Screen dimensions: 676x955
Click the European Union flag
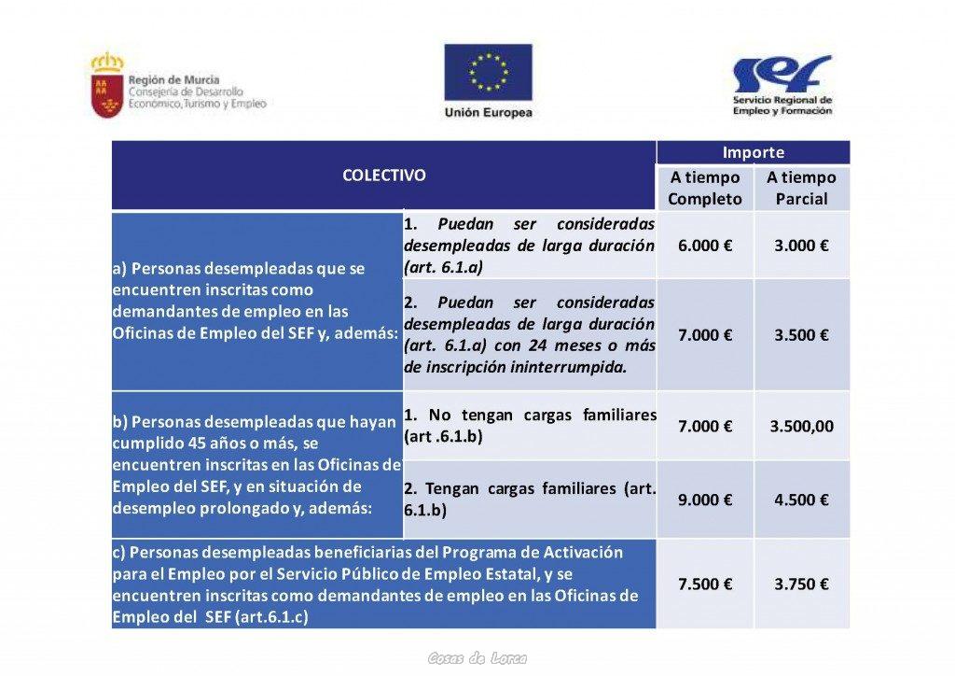pyautogui.click(x=488, y=72)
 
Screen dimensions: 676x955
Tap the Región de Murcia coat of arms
pyautogui.click(x=106, y=85)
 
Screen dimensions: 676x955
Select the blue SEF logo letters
pyautogui.click(x=781, y=73)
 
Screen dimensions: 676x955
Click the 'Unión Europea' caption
pyautogui.click(x=488, y=113)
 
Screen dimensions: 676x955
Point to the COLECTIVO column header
pyautogui.click(x=383, y=176)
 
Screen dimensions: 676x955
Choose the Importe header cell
pyautogui.click(x=753, y=152)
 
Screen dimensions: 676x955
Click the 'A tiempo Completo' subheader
pyautogui.click(x=704, y=188)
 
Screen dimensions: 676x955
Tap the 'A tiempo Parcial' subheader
pyautogui.click(x=801, y=188)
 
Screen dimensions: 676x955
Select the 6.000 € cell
pyautogui.click(x=704, y=246)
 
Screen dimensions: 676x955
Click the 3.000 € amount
pyautogui.click(x=801, y=246)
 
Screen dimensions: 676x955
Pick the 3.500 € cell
pyautogui.click(x=801, y=335)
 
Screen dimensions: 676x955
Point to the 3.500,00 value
pyautogui.click(x=801, y=426)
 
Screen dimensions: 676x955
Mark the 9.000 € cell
pyautogui.click(x=704, y=500)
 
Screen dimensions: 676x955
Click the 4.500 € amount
pyautogui.click(x=801, y=500)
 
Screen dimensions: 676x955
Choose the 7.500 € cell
pyautogui.click(x=704, y=584)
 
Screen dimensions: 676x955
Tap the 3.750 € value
pyautogui.click(x=801, y=584)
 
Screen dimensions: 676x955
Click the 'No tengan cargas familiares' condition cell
pyautogui.click(x=529, y=425)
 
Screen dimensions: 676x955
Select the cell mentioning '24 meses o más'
pyautogui.click(x=529, y=335)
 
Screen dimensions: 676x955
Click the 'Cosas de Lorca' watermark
pyautogui.click(x=477, y=658)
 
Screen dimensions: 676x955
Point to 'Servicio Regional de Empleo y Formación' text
pyautogui.click(x=782, y=105)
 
